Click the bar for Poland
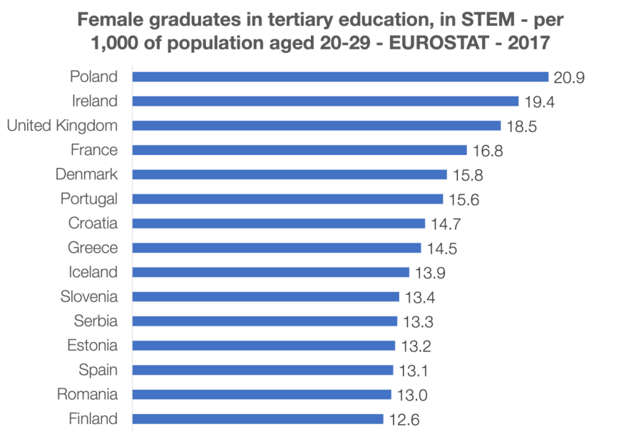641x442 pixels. [x=340, y=77]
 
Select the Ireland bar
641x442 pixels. [x=325, y=101]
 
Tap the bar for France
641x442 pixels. [x=299, y=150]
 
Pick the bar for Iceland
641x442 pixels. [x=271, y=272]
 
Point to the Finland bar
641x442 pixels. [x=258, y=419]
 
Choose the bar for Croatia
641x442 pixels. [x=278, y=223]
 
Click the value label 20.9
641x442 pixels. [x=570, y=78]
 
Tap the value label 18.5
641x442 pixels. [x=522, y=126]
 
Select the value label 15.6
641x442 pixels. [x=464, y=200]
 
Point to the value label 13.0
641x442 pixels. [x=413, y=395]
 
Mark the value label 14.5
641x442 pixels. [x=442, y=248]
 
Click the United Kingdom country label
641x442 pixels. [x=62, y=126]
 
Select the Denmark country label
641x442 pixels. [x=87, y=174]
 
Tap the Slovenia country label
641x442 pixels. [x=90, y=296]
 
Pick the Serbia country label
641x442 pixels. [x=96, y=321]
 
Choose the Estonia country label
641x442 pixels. [x=93, y=346]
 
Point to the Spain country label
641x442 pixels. [x=98, y=370]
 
